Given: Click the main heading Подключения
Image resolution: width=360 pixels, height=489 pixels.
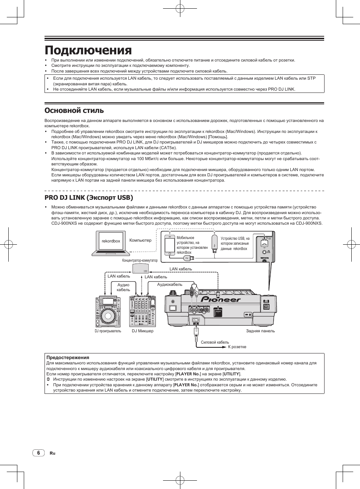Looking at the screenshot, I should pyautogui.click(x=88, y=50).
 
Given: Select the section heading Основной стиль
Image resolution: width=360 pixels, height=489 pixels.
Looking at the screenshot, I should pyautogui.click(x=74, y=111).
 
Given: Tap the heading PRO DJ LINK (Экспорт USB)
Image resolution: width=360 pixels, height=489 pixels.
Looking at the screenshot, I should pyautogui.click(x=89, y=197).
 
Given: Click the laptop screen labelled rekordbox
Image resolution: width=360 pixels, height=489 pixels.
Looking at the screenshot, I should pyautogui.click(x=111, y=241).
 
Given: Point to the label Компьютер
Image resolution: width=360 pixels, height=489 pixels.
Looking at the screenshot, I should pyautogui.click(x=140, y=240).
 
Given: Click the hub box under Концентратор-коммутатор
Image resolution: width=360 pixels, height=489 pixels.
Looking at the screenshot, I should pyautogui.click(x=140, y=268).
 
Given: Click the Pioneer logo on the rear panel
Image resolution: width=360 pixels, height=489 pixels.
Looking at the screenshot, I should pyautogui.click(x=220, y=299).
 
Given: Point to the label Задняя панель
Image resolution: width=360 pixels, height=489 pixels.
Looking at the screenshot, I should pyautogui.click(x=260, y=331).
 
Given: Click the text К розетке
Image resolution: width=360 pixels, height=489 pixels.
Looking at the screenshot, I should pyautogui.click(x=237, y=347).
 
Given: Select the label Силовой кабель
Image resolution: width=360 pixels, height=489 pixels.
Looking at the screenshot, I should pyautogui.click(x=215, y=342).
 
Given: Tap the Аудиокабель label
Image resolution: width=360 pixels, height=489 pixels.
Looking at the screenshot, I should pyautogui.click(x=169, y=285).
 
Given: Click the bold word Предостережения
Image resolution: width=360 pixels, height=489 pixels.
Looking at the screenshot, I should pyautogui.click(x=68, y=357).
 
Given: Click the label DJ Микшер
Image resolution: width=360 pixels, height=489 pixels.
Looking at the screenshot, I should pyautogui.click(x=143, y=331).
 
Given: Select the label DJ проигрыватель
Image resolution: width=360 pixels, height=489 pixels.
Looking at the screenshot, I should pyautogui.click(x=108, y=331).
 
